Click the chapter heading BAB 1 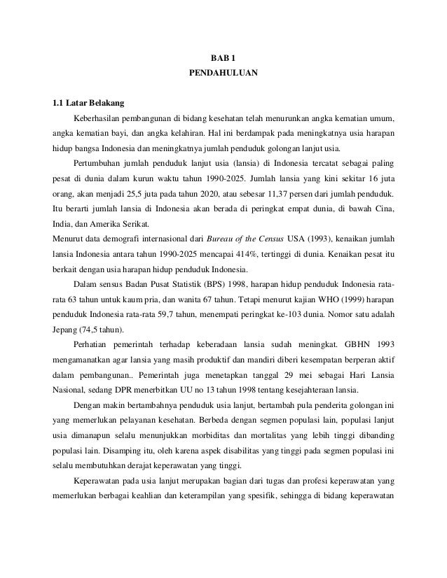(223, 59)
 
